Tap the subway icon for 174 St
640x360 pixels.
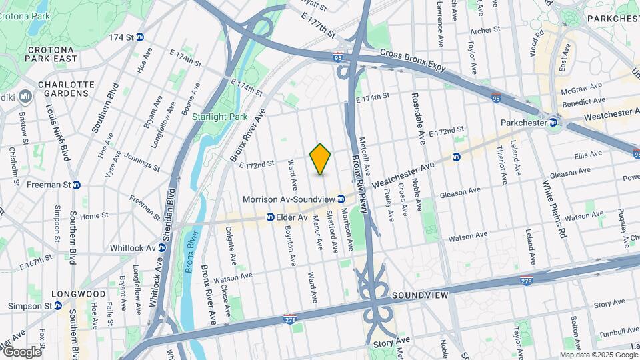[x=140, y=37]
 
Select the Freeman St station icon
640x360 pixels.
[x=77, y=185]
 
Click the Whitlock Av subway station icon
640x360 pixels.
[x=161, y=248]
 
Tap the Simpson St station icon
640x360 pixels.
[x=58, y=306]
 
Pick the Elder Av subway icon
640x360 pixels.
[x=271, y=217]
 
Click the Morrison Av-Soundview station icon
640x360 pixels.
[x=341, y=199]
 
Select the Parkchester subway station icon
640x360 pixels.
[x=553, y=123]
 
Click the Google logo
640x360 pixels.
[x=21, y=352]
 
